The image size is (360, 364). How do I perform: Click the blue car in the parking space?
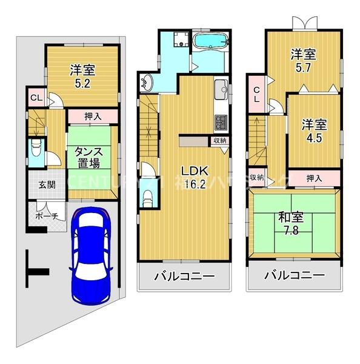[x=90, y=255]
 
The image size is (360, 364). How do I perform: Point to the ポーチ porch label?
[x=46, y=216]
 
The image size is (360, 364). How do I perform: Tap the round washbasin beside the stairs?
[x=148, y=83]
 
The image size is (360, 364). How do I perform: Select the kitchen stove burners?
[x=220, y=121]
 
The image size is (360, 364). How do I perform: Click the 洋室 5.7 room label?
[x=301, y=60]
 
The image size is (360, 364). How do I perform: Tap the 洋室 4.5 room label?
[x=313, y=132]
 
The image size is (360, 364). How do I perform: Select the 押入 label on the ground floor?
[x=93, y=116]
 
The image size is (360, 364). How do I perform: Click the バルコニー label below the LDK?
[x=184, y=277]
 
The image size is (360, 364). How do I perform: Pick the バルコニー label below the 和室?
[x=294, y=277]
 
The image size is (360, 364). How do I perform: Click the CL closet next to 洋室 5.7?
[x=257, y=95]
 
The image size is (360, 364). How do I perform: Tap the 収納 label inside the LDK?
[x=219, y=140]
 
